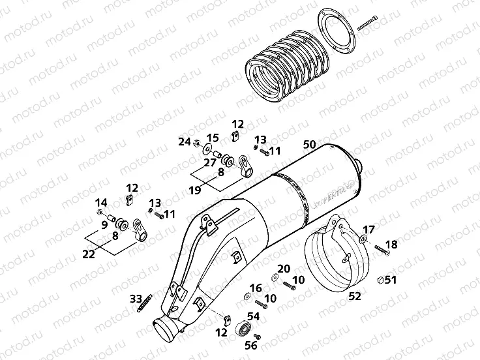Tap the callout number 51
pyautogui.click(x=391, y=280)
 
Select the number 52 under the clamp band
pyautogui.click(x=355, y=297)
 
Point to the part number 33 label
pyautogui.click(x=136, y=299)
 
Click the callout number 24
pyautogui.click(x=185, y=141)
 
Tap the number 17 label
pyautogui.click(x=370, y=230)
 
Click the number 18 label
pyautogui.click(x=391, y=245)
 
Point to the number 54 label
pyautogui.click(x=252, y=316)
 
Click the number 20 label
pyautogui.click(x=283, y=268)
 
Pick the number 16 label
pyautogui.click(x=255, y=288)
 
